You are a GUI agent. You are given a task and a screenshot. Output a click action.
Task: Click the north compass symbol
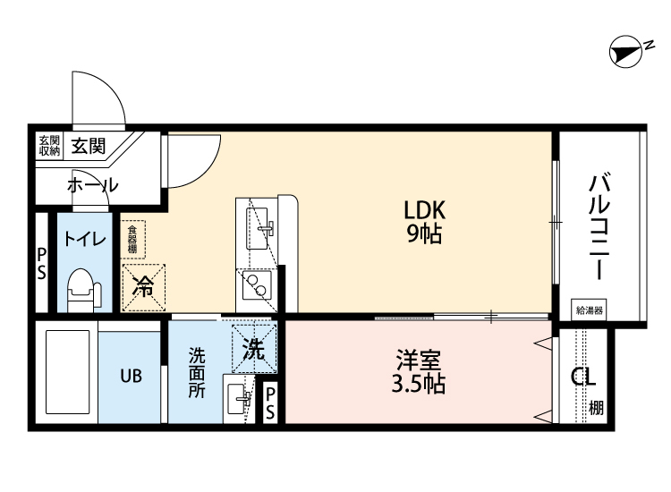coord(627,53)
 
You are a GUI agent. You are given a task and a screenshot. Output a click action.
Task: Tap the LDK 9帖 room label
coord(424,222)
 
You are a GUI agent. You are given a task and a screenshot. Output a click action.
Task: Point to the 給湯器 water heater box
coord(590,310)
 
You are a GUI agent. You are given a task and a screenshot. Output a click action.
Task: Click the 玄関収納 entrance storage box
coord(48,146)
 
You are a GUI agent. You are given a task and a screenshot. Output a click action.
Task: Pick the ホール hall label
coord(92,185)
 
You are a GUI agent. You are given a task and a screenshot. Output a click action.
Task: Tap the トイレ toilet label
coord(85,239)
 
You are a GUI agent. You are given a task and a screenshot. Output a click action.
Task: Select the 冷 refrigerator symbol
coord(143,287)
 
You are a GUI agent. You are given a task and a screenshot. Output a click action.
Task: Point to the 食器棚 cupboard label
coord(132,240)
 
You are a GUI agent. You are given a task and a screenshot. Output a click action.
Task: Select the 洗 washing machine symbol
coord(254,350)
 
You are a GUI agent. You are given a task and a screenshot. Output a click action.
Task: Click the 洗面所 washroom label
coord(196,373)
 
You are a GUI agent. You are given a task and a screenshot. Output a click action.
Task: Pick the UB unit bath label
coord(131,375)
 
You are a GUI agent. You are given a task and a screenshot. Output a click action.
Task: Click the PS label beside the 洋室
coord(270,403)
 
